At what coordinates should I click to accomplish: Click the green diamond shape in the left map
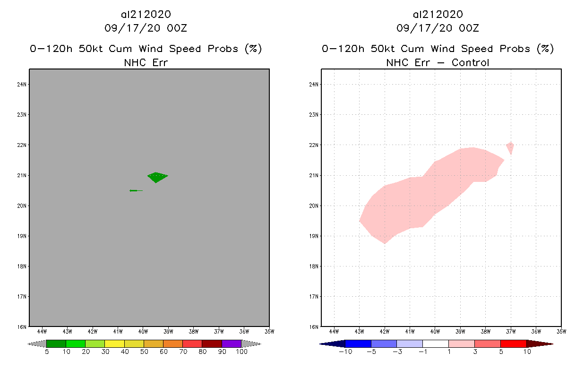point(156,177)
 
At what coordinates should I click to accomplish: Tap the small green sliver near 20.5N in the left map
point(134,190)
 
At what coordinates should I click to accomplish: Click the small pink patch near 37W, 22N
point(510,147)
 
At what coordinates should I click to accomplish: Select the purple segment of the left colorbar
point(232,344)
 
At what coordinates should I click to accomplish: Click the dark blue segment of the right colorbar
point(358,344)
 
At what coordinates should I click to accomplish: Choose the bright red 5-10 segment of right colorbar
point(513,344)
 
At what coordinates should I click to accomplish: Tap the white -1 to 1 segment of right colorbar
point(435,344)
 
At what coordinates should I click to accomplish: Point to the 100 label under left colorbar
point(241,352)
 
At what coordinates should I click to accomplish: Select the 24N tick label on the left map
point(22,85)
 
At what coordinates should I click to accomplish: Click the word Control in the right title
point(470,62)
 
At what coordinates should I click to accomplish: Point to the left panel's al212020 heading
point(146,14)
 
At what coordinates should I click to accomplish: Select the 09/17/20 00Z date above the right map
point(438,28)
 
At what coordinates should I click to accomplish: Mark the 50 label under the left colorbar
point(144,352)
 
